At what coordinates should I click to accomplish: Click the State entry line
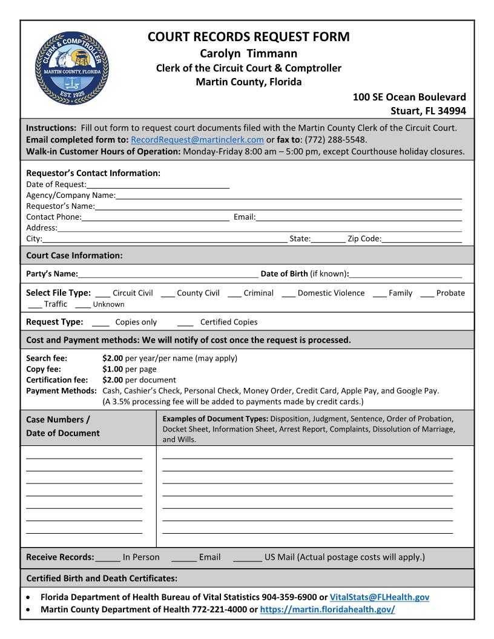point(328,240)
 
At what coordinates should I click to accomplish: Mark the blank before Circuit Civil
point(103,294)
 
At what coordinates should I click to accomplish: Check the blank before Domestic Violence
point(288,294)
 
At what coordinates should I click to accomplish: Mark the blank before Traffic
point(35,305)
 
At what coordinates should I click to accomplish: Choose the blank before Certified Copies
point(186,323)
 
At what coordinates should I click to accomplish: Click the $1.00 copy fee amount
point(113,369)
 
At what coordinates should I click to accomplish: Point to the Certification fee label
point(57,380)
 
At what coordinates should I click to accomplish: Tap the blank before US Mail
point(247,558)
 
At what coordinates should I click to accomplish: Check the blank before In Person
point(108,558)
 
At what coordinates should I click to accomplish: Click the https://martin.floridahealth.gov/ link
point(327,609)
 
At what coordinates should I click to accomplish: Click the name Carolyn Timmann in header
point(248,53)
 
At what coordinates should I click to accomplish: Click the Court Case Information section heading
point(74,255)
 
